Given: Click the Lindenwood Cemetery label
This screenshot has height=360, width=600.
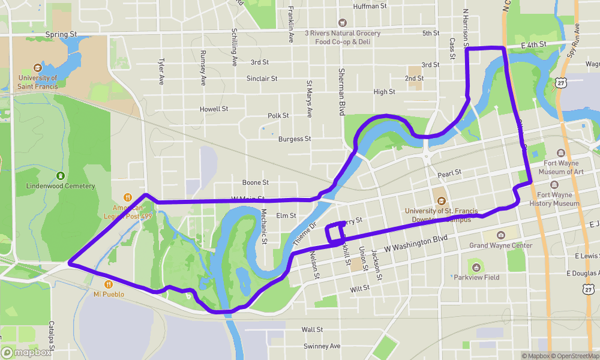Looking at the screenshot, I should [x=61, y=186].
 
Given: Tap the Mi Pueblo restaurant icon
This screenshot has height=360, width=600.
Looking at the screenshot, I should [x=109, y=284].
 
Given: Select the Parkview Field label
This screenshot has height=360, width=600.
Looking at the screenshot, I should [x=476, y=277].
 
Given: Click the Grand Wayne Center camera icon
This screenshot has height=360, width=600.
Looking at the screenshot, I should [x=501, y=235].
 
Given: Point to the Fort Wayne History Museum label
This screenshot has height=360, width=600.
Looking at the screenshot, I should [x=558, y=199].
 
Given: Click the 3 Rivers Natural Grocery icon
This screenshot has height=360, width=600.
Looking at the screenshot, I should [x=343, y=22].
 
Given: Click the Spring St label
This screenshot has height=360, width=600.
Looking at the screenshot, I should [x=61, y=35].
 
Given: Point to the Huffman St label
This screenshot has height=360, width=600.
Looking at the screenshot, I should [x=370, y=7].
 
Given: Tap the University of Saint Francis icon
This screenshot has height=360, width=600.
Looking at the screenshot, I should [x=38, y=68].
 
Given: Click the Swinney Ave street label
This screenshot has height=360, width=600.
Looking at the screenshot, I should [x=322, y=346].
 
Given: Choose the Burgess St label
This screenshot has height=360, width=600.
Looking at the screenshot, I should [x=295, y=139].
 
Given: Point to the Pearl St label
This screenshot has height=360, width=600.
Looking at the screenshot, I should [x=449, y=173].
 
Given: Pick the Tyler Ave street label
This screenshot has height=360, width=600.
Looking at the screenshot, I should [x=161, y=71].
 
